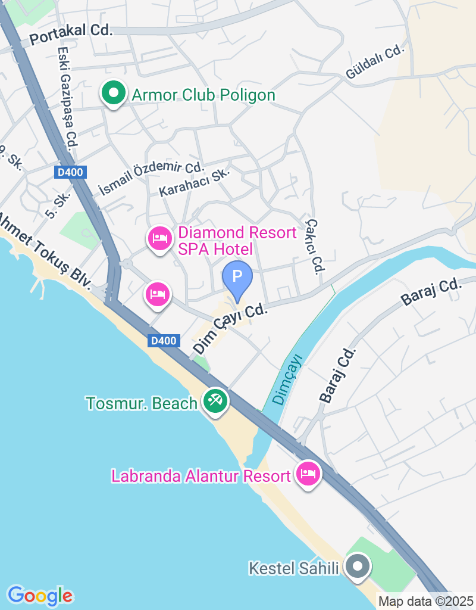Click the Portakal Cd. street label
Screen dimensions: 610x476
[71, 31]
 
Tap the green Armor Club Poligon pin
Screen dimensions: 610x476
[113, 93]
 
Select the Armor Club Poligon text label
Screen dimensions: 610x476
[203, 95]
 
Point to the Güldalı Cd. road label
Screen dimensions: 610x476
[374, 62]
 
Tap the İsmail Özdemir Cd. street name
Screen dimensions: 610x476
[151, 178]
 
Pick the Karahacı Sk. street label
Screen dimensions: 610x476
[194, 182]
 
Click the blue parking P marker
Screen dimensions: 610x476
[237, 277]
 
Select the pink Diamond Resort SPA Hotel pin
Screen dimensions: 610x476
[159, 239]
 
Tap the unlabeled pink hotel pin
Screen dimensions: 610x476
[158, 294]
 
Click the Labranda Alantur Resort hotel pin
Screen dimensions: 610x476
[308, 474]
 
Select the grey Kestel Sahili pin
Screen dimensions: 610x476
[358, 567]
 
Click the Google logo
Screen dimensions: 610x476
[40, 595]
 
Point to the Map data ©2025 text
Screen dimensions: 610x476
[426, 602]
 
